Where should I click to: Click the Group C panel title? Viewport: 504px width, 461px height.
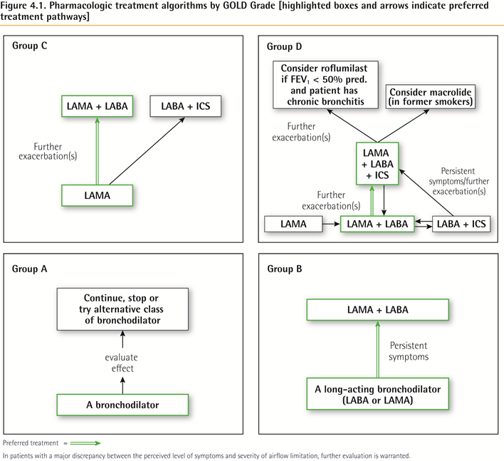click(x=30, y=46)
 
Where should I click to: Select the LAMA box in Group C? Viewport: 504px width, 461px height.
click(x=97, y=195)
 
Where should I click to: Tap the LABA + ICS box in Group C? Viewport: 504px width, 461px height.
click(x=186, y=106)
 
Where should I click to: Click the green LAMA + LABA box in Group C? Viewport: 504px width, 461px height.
click(x=97, y=106)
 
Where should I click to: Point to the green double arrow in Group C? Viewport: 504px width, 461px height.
click(x=97, y=151)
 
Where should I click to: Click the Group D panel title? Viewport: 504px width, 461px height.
click(x=285, y=46)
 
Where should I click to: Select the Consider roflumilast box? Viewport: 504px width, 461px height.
click(x=325, y=85)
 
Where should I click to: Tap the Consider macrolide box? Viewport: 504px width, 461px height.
click(x=431, y=96)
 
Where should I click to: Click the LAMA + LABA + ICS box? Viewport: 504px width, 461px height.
click(x=377, y=164)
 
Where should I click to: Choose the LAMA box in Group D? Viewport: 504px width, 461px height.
click(x=293, y=224)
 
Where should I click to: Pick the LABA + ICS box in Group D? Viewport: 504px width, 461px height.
click(x=461, y=224)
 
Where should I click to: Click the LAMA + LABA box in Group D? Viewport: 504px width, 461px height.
click(x=377, y=224)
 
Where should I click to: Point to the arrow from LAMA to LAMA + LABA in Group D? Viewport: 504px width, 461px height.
click(x=332, y=224)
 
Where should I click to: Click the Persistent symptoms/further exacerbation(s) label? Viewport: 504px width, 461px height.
click(x=458, y=181)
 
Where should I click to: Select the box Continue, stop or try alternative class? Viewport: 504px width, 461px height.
click(x=122, y=309)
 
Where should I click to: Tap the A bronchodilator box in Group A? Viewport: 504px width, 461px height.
click(x=122, y=405)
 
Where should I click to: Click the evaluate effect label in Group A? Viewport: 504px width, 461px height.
click(x=122, y=363)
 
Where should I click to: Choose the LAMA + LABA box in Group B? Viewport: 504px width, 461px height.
click(x=378, y=309)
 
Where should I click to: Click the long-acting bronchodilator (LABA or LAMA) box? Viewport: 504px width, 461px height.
click(x=378, y=394)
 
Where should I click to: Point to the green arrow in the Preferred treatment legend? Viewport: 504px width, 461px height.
click(x=85, y=443)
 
